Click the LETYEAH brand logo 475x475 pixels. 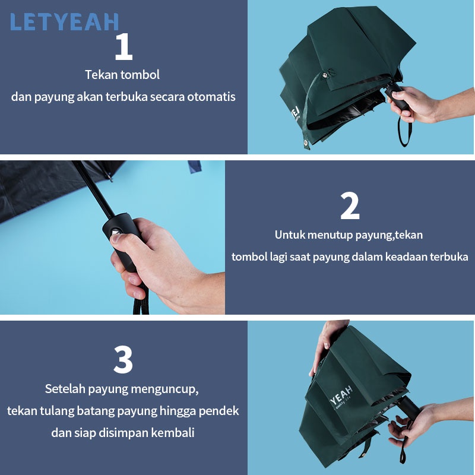pos(64,22)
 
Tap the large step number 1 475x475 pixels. pos(123,46)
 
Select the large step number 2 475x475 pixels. pos(350,205)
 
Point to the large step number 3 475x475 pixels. pos(123,359)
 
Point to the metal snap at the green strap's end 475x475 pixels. pos(306,143)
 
